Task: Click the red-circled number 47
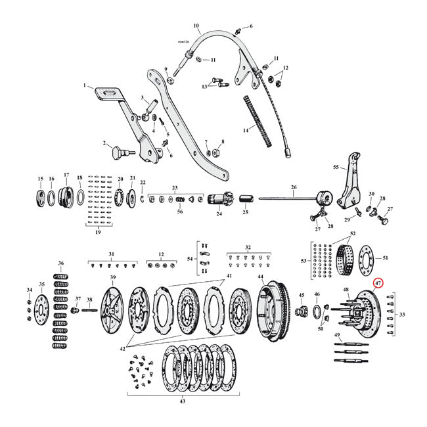[377, 283]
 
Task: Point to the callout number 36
[61, 263]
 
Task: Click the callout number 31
[111, 254]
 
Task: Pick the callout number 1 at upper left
[85, 85]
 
